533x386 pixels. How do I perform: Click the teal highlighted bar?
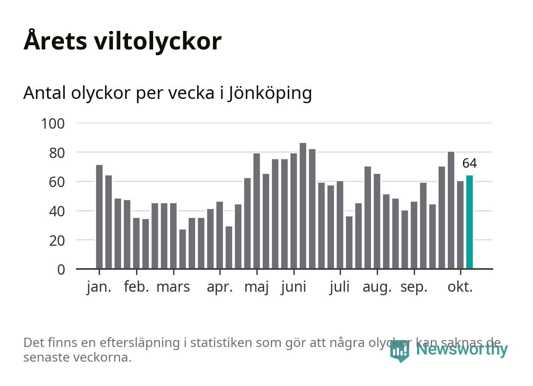[469, 222]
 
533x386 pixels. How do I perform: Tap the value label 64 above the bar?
[469, 163]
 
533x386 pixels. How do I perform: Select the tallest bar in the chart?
[303, 206]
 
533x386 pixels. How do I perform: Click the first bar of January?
[99, 217]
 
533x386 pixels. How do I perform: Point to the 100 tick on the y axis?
[53, 124]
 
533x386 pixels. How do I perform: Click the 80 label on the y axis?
[57, 153]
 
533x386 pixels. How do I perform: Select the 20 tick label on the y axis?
[57, 240]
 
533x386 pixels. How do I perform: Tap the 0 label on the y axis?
[61, 269]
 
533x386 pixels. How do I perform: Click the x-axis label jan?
[99, 287]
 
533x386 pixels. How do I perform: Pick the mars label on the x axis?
[173, 287]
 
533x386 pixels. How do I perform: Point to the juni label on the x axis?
[293, 287]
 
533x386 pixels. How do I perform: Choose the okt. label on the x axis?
[460, 287]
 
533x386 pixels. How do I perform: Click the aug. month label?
[377, 287]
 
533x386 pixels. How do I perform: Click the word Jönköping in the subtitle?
[270, 93]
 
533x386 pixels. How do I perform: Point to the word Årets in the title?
[56, 41]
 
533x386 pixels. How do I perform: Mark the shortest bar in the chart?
[182, 249]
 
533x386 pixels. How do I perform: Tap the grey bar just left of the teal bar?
[460, 225]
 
